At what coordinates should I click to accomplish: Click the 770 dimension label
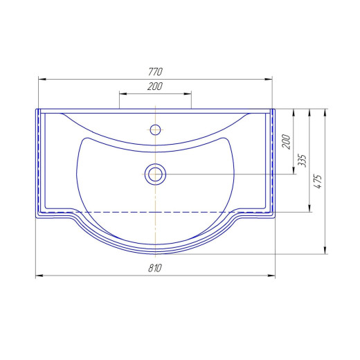pos(155,71)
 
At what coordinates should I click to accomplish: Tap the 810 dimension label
pos(155,268)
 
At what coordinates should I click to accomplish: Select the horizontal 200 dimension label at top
pos(155,87)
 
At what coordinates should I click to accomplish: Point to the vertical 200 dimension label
pos(286,142)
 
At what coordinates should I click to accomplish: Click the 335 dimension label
pos(302,161)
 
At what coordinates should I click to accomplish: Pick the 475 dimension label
pos(318,181)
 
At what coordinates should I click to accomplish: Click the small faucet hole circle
pos(155,129)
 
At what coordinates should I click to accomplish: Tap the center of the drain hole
pos(155,174)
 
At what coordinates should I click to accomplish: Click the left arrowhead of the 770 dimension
pos(42,80)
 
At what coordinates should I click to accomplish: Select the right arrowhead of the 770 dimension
pos(269,80)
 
